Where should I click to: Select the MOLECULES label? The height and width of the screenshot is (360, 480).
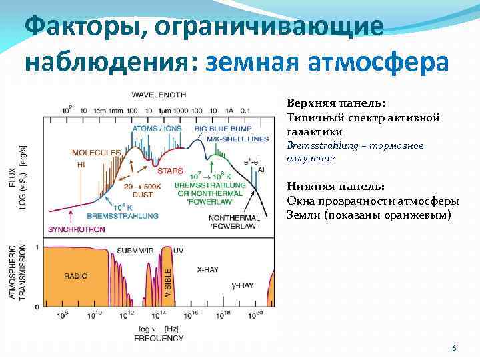pos(97,153)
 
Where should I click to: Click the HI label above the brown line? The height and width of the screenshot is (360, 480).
pos(81,164)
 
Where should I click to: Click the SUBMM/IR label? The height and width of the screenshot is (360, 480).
pos(133,250)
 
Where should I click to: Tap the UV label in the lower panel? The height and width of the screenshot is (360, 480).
pos(178,250)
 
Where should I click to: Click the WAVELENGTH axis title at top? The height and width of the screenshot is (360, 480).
pos(159,94)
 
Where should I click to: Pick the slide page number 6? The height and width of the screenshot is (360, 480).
pos(454,349)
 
